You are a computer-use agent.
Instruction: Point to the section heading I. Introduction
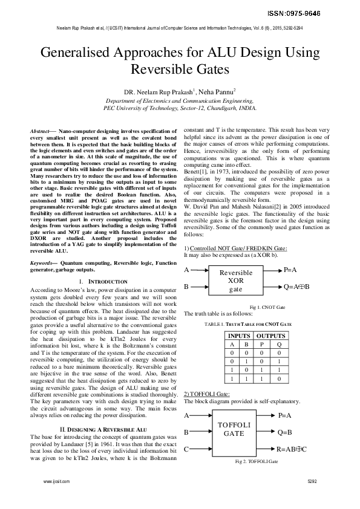tap(103, 282)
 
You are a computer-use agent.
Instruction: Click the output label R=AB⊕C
tap(292, 450)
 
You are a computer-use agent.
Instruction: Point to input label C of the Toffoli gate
tap(186, 449)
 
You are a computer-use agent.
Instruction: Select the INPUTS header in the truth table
tap(238, 336)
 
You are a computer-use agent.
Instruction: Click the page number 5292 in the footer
tap(312, 482)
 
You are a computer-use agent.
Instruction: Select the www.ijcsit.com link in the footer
tap(56, 482)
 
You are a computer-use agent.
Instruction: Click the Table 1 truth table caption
tap(248, 324)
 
